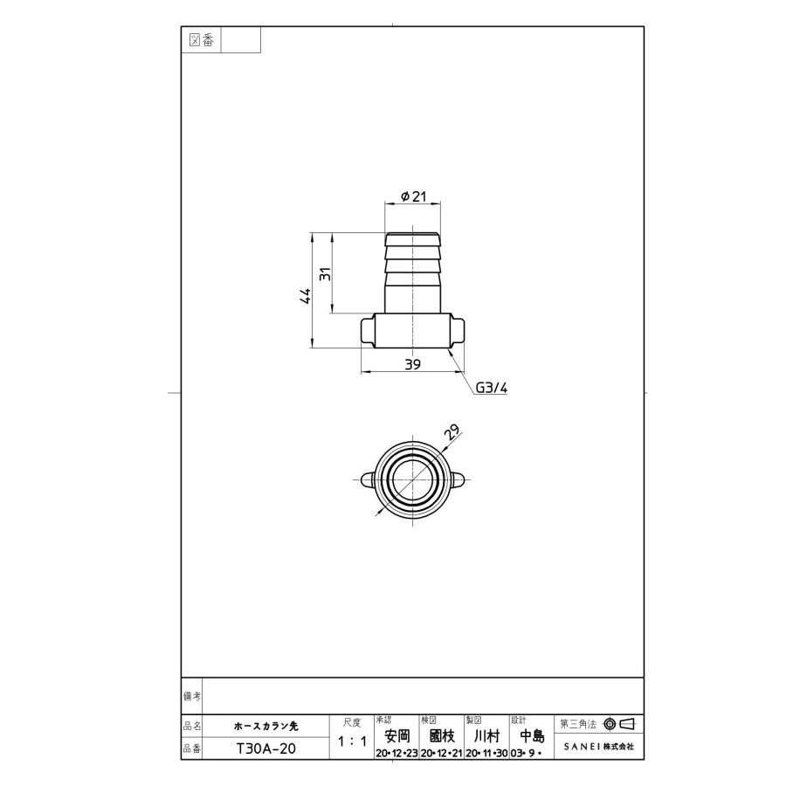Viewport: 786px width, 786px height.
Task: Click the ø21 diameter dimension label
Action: [413, 197]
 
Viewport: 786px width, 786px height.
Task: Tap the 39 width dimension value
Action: [413, 364]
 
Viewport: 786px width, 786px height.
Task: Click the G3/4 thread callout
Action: [491, 388]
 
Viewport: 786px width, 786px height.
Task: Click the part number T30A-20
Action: [265, 748]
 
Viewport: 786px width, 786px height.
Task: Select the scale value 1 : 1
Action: [351, 741]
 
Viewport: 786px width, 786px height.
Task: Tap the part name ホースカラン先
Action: [265, 725]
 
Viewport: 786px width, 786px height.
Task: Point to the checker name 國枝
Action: [442, 736]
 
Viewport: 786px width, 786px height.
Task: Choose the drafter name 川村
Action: [486, 736]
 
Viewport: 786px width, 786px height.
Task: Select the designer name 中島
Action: [531, 736]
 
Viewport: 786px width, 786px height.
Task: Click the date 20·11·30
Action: [486, 753]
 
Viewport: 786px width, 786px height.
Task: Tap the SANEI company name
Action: [599, 748]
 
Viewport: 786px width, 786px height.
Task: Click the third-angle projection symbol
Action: [618, 724]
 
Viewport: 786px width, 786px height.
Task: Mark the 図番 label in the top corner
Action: [201, 40]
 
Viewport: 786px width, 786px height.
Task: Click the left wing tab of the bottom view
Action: [368, 479]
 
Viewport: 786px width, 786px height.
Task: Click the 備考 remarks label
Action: [192, 696]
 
